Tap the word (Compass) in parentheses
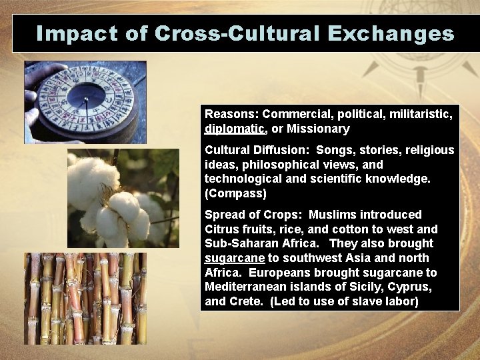coord(235,193)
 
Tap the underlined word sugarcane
coord(233,258)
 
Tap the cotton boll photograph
coord(123,198)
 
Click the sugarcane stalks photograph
coord(85,298)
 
